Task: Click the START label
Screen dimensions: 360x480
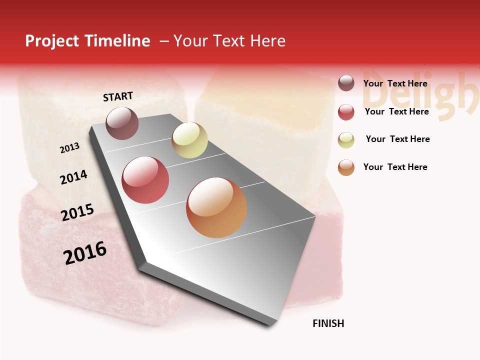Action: click(118, 96)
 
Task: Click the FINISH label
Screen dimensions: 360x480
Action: click(328, 323)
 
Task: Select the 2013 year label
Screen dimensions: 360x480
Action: click(69, 148)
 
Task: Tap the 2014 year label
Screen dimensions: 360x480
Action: click(73, 177)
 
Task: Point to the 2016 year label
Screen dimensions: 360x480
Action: click(85, 253)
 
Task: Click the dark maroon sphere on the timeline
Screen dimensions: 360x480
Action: click(122, 123)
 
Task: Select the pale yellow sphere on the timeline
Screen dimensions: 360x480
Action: click(189, 140)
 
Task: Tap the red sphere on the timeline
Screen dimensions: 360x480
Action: click(145, 180)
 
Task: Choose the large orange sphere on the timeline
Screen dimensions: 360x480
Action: click(216, 207)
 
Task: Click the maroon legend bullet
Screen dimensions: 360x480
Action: click(346, 83)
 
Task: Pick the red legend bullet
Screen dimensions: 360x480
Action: click(346, 112)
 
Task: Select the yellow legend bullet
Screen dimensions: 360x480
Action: click(346, 140)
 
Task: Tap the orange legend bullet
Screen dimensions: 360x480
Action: click(346, 167)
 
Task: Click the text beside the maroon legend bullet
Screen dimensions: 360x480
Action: click(395, 83)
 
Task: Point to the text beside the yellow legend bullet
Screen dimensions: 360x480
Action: click(397, 139)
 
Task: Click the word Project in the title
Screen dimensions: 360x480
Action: click(52, 41)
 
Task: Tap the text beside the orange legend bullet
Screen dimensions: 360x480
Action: click(395, 167)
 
